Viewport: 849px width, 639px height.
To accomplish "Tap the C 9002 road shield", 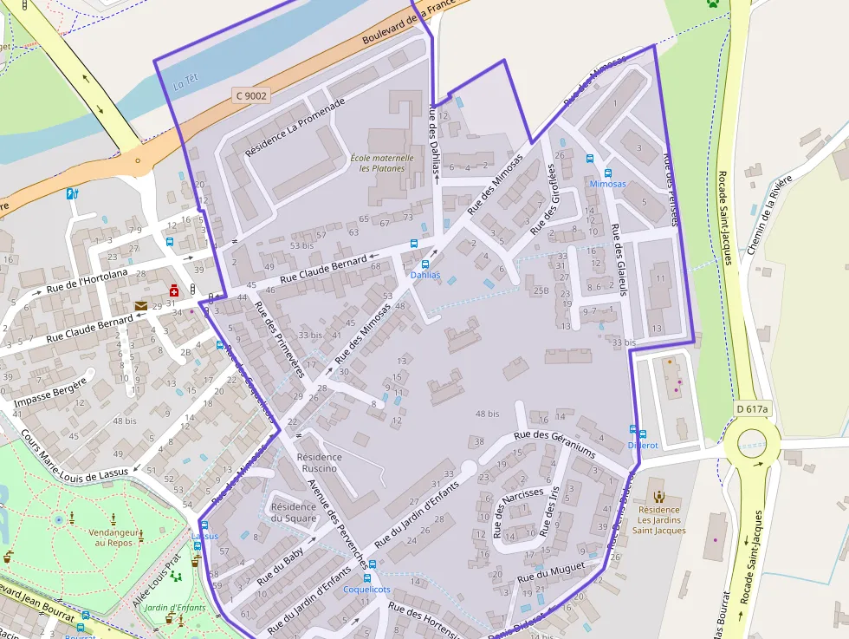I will click(x=250, y=96).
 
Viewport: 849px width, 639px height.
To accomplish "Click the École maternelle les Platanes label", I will click(x=382, y=163).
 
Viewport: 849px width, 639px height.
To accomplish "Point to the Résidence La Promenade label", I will click(x=295, y=127).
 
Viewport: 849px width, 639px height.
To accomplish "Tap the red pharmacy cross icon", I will click(x=174, y=290).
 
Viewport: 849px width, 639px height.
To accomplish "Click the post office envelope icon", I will click(x=140, y=305).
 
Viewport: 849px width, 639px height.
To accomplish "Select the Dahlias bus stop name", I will click(x=424, y=275).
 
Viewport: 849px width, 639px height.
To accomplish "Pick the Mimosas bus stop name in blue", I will click(x=606, y=185).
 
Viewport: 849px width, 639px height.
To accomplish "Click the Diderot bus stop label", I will click(x=643, y=445).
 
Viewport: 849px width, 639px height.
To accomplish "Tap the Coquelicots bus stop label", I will click(x=366, y=590).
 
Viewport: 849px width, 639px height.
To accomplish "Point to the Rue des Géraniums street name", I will click(x=554, y=445).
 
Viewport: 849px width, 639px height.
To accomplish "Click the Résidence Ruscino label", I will click(x=319, y=463).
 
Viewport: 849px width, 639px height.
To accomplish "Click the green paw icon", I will click(x=713, y=3).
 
